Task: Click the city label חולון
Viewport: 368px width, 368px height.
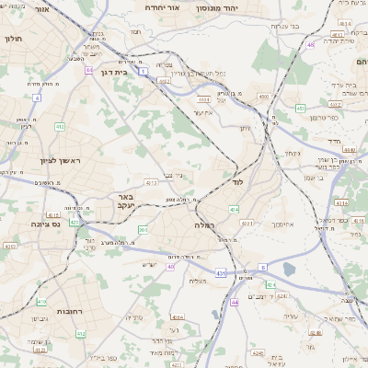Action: tap(13, 40)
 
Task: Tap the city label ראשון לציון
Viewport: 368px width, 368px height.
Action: tap(61, 161)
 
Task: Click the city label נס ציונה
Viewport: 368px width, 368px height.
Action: tap(43, 224)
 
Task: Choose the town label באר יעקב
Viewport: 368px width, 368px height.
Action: tap(127, 202)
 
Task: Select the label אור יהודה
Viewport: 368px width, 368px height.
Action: tap(149, 6)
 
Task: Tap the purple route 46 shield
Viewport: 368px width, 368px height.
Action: tap(311, 43)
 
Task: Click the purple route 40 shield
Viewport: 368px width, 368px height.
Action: tap(170, 267)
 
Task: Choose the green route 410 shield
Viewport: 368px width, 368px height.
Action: tap(40, 301)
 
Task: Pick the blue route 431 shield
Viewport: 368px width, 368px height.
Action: tap(219, 273)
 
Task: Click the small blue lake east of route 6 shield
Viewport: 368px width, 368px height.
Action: tap(290, 269)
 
